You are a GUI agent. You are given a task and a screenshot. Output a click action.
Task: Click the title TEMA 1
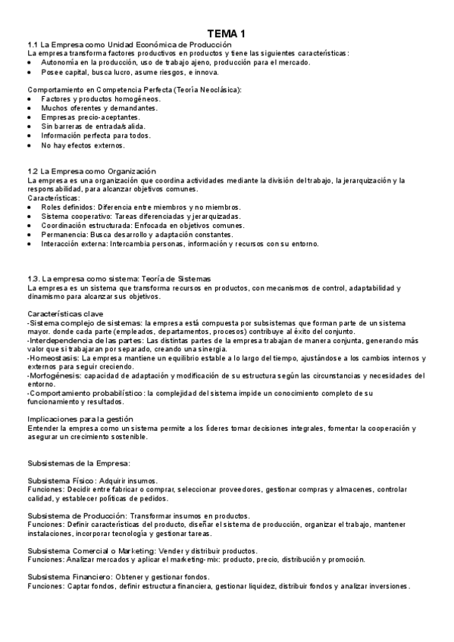coord(227,33)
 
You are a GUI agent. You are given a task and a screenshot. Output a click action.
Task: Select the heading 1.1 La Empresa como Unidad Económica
coord(130,45)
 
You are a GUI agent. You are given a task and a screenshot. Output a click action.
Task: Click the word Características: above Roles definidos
coord(52,198)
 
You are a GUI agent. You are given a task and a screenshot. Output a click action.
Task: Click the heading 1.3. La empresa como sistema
coord(119,279)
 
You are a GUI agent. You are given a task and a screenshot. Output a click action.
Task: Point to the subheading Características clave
coord(66,313)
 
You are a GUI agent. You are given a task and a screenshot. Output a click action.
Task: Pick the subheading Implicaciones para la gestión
coord(80,419)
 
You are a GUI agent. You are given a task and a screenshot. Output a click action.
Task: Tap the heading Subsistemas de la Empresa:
coord(79,463)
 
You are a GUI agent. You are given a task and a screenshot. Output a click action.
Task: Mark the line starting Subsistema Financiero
coord(119,577)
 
